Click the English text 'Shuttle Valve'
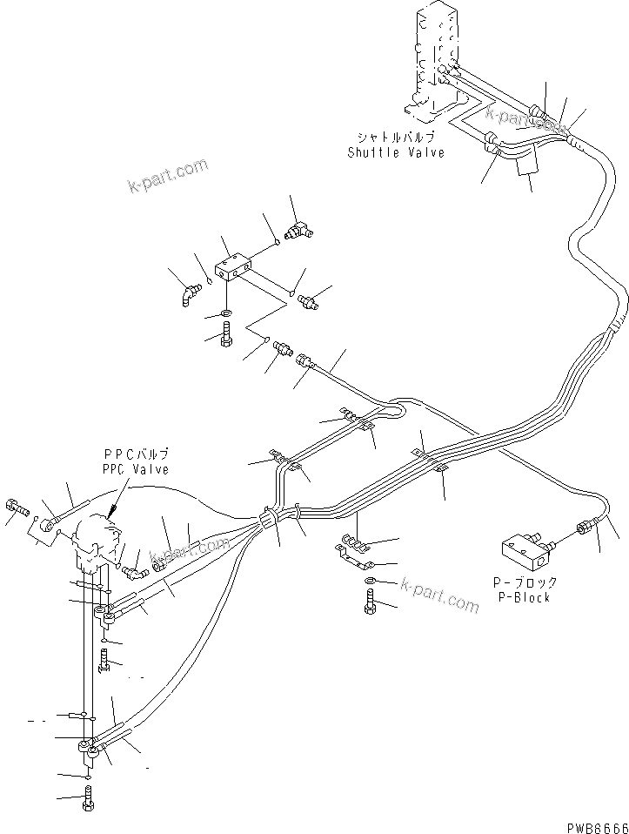click(x=396, y=152)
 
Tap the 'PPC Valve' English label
click(x=135, y=469)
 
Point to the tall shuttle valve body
click(x=434, y=61)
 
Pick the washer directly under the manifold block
click(x=226, y=313)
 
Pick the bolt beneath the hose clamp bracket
click(x=371, y=602)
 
